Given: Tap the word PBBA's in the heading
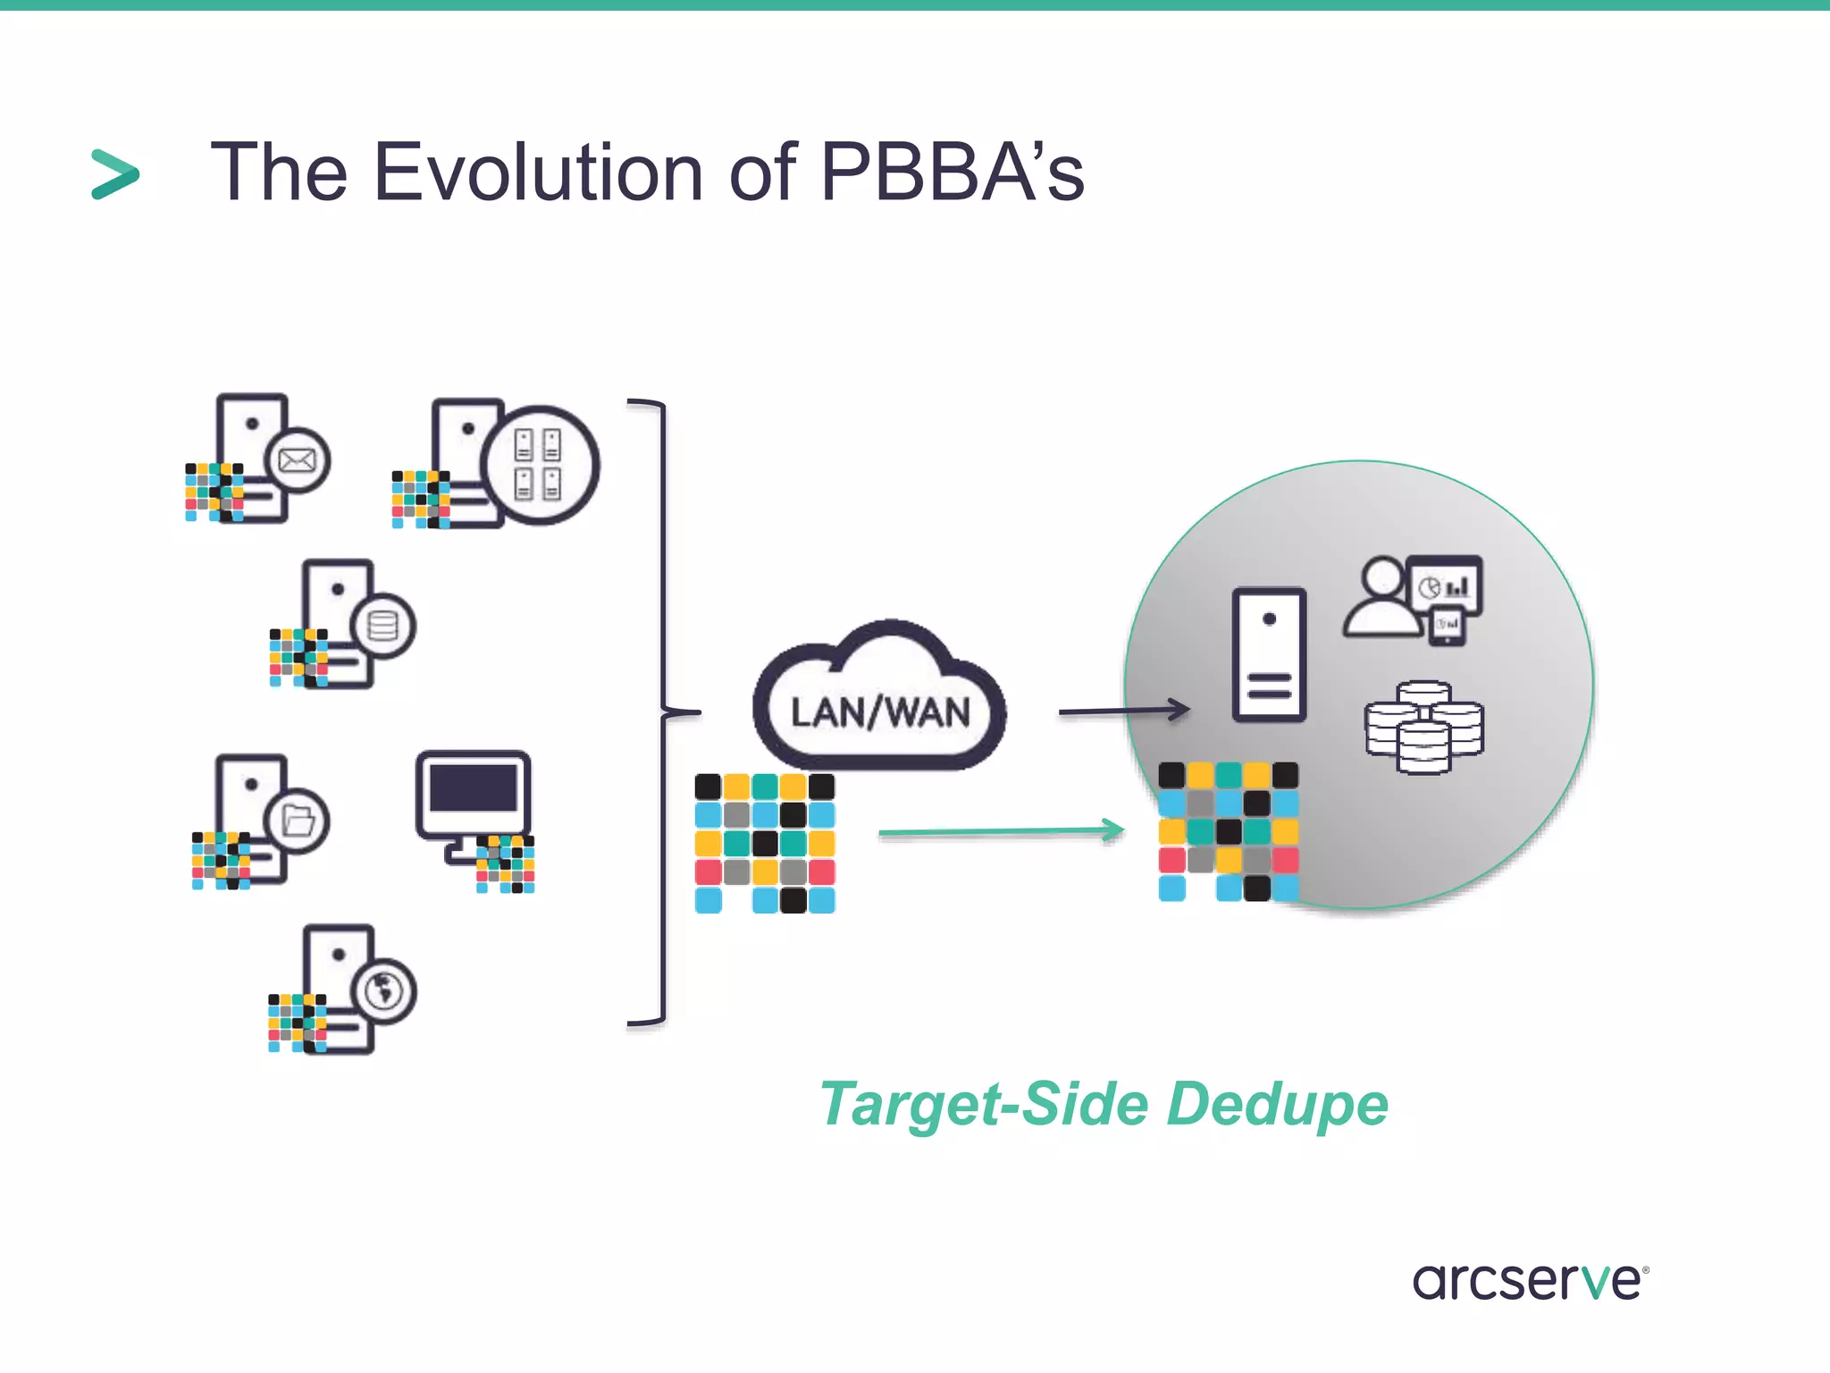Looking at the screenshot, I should [x=952, y=172].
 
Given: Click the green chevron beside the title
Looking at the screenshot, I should [x=115, y=174].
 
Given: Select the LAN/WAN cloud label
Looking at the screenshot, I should [x=880, y=712].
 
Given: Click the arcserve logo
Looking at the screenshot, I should [x=1529, y=1281].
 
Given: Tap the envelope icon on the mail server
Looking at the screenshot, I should [x=298, y=460].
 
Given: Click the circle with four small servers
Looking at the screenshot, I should [x=539, y=465].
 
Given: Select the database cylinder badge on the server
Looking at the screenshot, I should [x=382, y=626].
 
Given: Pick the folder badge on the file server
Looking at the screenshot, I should [x=298, y=821].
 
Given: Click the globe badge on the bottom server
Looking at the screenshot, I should [x=383, y=990].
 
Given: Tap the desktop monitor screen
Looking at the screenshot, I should [x=474, y=788].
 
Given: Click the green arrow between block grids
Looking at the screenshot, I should [x=1001, y=831].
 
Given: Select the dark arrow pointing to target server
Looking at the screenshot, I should [x=1123, y=712].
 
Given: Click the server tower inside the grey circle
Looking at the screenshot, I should [x=1269, y=654].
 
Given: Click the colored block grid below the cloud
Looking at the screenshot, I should [x=765, y=843].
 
